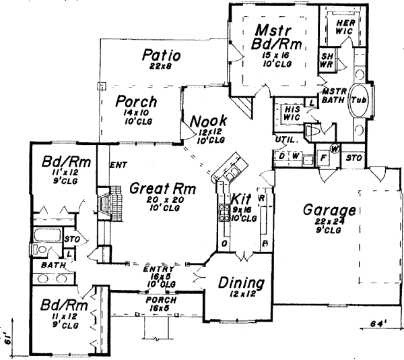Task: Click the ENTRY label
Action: (x=154, y=269)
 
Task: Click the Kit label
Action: (x=240, y=200)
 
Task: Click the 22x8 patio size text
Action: (x=159, y=67)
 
